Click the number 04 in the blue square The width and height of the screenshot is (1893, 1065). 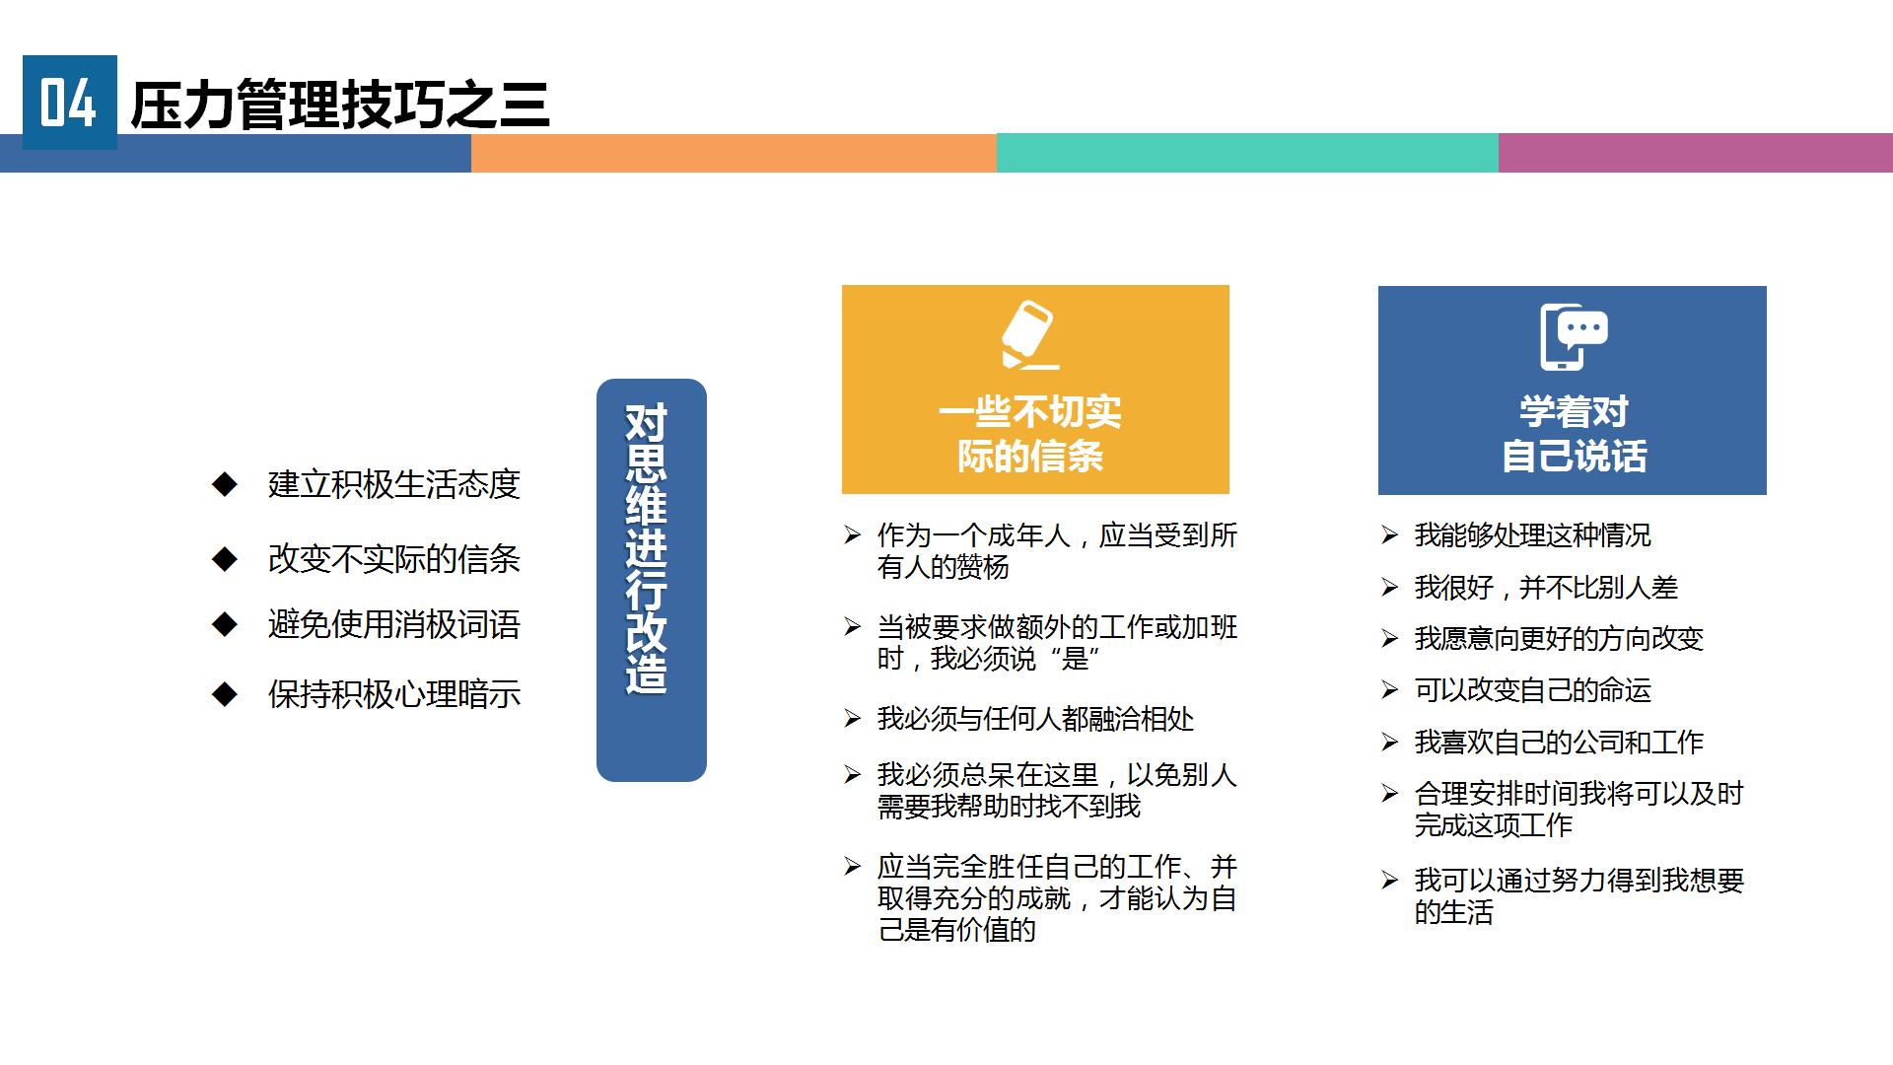coord(68,103)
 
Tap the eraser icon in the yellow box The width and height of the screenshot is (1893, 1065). coord(1030,334)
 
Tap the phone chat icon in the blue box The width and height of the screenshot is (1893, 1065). coord(1574,336)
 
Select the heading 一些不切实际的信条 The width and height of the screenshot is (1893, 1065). coord(1030,434)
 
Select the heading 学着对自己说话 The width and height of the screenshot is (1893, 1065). coord(1574,434)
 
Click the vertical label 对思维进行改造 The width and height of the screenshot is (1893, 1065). coord(647,549)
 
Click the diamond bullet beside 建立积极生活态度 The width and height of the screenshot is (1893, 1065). coord(225,483)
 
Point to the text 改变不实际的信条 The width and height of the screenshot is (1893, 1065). coord(393,559)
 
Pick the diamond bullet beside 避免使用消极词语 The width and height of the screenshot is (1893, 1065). coord(225,624)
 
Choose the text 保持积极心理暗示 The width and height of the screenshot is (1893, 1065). coord(393,694)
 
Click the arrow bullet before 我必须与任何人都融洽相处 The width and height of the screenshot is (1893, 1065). coord(853,719)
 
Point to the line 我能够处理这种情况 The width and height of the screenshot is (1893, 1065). coord(1532,535)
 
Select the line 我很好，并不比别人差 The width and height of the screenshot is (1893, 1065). coord(1546,588)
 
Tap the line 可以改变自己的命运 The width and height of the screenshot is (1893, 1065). coord(1532,690)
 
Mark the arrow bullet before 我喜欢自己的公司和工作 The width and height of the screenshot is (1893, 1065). coord(1389,742)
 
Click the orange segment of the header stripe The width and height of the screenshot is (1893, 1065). coord(734,153)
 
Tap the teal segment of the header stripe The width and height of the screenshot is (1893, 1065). coord(1247,153)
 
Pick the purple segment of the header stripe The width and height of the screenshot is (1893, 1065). coord(1696,153)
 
